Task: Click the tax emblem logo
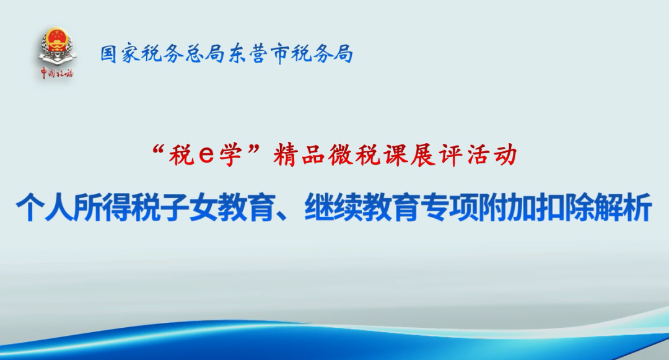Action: click(57, 46)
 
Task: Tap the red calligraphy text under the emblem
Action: click(57, 73)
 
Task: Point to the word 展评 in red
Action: click(437, 154)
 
